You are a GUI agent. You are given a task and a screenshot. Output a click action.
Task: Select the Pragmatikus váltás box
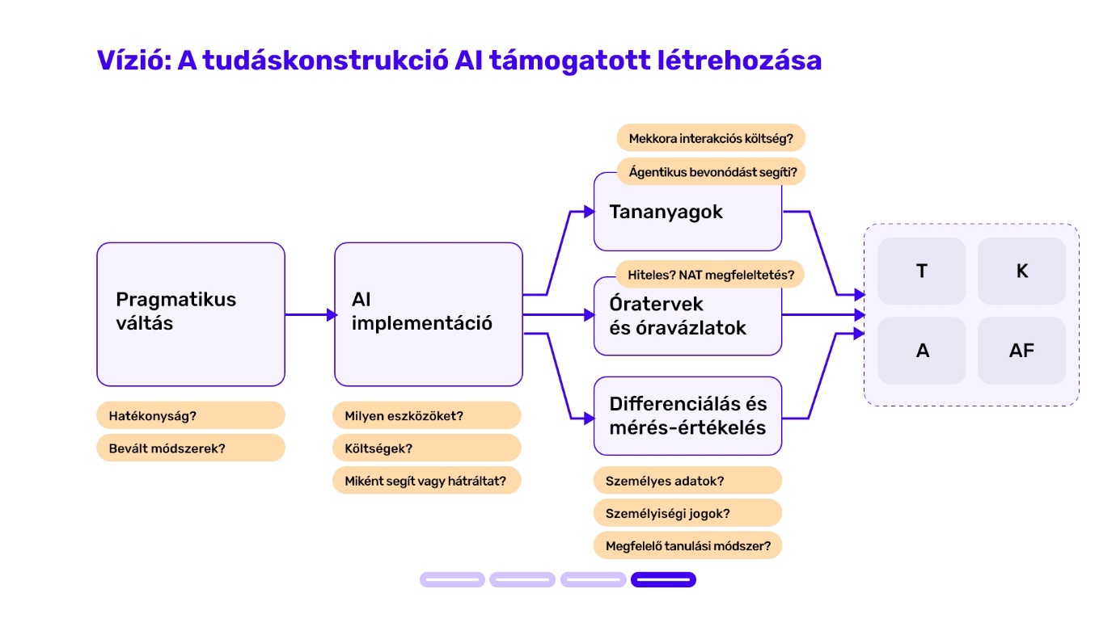pyautogui.click(x=191, y=314)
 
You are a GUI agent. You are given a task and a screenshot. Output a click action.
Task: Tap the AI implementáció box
pyautogui.click(x=429, y=314)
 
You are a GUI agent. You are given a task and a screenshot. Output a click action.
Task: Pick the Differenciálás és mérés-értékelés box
pyautogui.click(x=687, y=415)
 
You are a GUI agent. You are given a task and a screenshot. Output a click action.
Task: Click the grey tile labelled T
pyautogui.click(x=922, y=271)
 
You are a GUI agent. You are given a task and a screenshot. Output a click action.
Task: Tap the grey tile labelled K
pyautogui.click(x=1022, y=271)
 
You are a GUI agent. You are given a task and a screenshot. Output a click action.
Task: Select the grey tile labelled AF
pyautogui.click(x=1022, y=351)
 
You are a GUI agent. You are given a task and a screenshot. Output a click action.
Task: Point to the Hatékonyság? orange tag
pyautogui.click(x=191, y=415)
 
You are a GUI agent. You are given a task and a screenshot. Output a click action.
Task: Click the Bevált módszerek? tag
pyautogui.click(x=191, y=448)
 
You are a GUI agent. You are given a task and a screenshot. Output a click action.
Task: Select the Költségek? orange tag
pyautogui.click(x=427, y=448)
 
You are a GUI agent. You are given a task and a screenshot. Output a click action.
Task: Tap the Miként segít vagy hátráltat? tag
pyautogui.click(x=427, y=481)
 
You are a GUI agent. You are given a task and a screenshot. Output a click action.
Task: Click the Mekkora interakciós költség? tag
pyautogui.click(x=711, y=138)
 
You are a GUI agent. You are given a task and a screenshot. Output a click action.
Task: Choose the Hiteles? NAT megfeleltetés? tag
pyautogui.click(x=710, y=274)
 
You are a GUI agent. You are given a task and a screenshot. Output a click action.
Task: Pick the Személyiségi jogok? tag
pyautogui.click(x=687, y=513)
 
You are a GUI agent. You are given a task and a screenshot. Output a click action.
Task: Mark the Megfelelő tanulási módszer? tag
pyautogui.click(x=687, y=545)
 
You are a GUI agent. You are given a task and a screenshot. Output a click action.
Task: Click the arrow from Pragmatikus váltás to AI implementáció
pyautogui.click(x=311, y=314)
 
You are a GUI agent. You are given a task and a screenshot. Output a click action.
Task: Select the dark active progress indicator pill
pyautogui.click(x=663, y=579)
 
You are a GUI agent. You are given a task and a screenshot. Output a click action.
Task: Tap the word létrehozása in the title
pyautogui.click(x=739, y=61)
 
